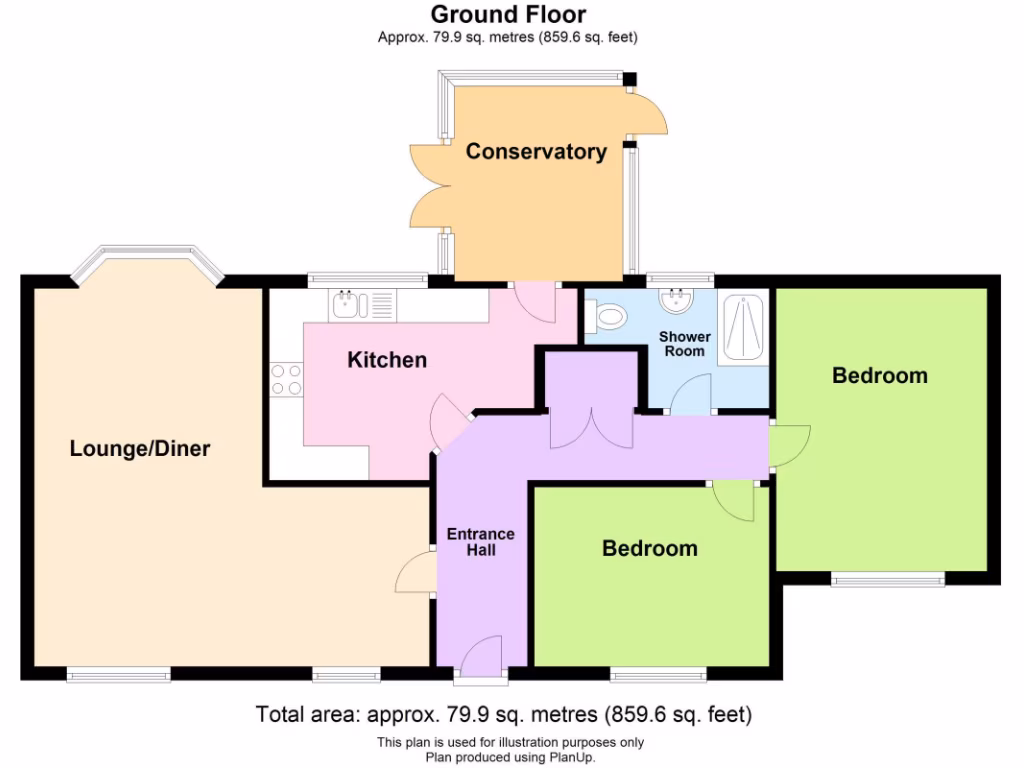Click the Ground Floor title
[508, 14]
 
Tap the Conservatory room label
[536, 152]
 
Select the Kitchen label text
[387, 360]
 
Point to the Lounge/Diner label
[140, 448]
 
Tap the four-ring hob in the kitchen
[286, 379]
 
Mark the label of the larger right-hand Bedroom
[880, 376]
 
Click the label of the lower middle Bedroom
[649, 548]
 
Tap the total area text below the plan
[503, 715]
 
